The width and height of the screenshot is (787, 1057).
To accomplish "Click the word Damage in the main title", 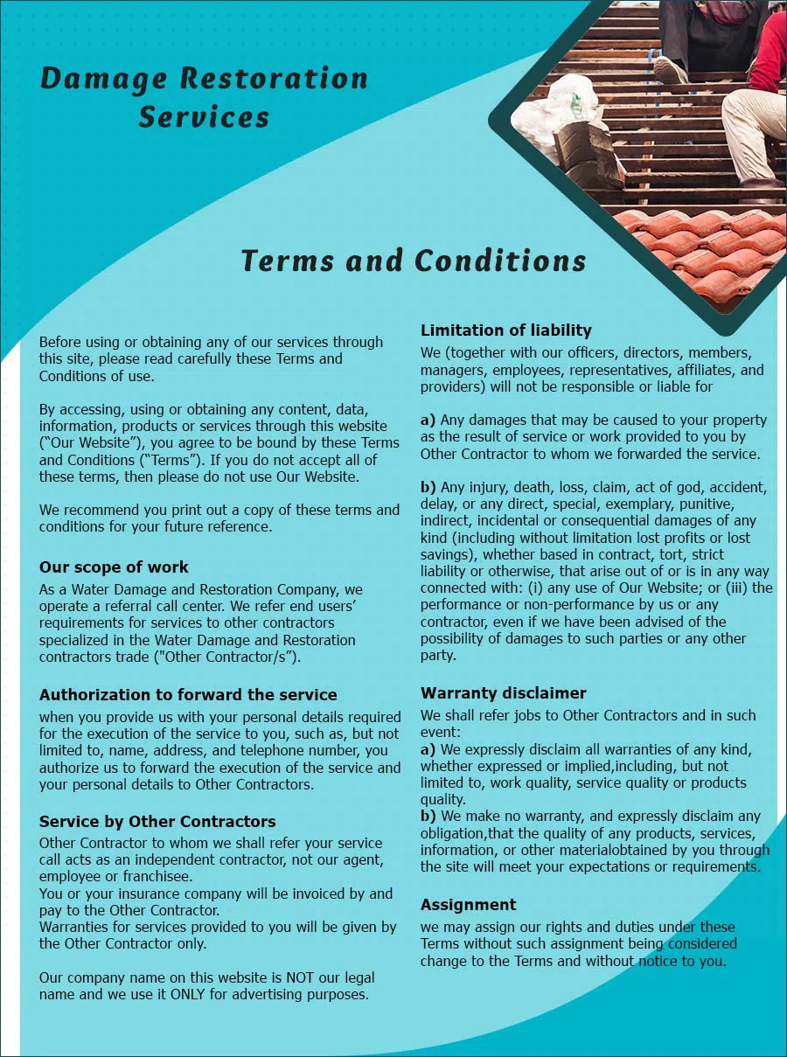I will coord(102,80).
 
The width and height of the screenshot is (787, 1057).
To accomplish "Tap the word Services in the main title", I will coord(204,117).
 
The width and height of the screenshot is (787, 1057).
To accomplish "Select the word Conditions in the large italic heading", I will coord(500,261).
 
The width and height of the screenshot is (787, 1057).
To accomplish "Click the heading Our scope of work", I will coord(114,567).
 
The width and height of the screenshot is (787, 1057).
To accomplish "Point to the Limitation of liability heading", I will coord(505,330).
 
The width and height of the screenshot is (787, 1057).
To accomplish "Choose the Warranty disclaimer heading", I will coord(503,692).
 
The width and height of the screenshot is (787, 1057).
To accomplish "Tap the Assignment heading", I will coord(468,904).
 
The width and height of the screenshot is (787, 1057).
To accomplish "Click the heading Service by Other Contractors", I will coord(157,821).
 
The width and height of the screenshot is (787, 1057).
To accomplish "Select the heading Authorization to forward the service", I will coord(188,694).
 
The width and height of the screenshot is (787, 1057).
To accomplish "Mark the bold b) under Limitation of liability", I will coord(428,487).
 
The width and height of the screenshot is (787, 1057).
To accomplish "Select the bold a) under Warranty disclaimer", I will coord(428,749).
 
